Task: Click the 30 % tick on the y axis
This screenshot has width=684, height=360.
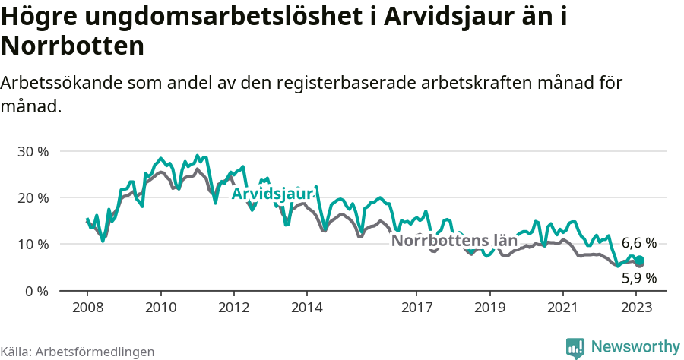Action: click(x=33, y=151)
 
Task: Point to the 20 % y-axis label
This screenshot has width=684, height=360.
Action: click(x=33, y=197)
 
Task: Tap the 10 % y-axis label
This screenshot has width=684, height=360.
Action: click(x=33, y=245)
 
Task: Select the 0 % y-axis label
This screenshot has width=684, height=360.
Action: click(x=36, y=291)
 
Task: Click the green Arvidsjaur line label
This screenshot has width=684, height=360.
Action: click(x=272, y=194)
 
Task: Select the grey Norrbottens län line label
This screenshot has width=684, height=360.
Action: click(x=454, y=242)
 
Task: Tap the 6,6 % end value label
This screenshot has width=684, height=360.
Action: click(x=638, y=243)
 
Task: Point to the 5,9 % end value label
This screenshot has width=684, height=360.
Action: click(x=638, y=278)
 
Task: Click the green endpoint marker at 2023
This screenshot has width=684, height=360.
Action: click(x=640, y=261)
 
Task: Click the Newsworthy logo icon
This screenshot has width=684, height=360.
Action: click(x=575, y=347)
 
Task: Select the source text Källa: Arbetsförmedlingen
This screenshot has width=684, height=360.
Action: click(x=78, y=352)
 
